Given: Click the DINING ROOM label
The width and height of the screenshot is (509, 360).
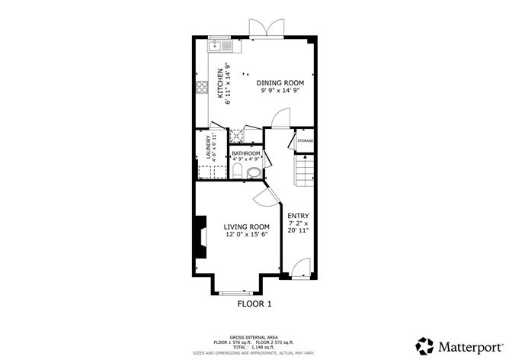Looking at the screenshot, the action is [280, 83].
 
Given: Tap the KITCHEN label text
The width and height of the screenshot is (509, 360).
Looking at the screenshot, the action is [220, 83].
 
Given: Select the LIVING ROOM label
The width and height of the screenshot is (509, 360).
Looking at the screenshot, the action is [247, 227].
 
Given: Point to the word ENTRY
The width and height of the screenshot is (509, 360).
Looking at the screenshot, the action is [298, 216].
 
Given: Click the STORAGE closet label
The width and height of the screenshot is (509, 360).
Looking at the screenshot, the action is [305, 140].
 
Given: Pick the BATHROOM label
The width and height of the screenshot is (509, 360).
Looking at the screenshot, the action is [245, 153].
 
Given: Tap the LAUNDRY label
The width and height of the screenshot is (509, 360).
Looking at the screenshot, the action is [208, 147].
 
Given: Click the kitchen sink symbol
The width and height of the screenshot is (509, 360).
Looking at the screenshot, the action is [220, 46].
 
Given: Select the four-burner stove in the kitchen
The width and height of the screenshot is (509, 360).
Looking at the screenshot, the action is [202, 87].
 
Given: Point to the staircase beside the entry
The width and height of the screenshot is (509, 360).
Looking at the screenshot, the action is [304, 170].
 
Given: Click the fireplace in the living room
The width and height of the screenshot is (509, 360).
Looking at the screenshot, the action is [200, 237].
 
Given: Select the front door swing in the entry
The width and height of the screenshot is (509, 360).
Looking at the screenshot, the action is [300, 267].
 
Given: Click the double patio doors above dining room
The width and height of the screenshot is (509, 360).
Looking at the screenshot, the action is [267, 28].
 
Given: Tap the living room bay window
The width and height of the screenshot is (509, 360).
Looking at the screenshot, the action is [237, 294].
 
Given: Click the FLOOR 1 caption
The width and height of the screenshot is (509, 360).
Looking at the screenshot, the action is [254, 304].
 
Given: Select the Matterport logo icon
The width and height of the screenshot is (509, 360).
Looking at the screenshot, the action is [424, 346].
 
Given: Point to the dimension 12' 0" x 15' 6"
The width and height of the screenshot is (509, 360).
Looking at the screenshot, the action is [247, 235].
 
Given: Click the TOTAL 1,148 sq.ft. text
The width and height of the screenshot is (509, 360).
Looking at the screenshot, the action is [254, 347].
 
